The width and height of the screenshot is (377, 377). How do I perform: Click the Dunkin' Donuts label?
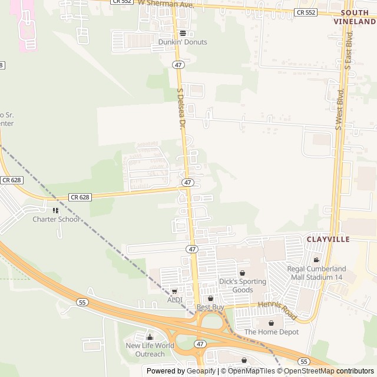pyautogui.click(x=183, y=42)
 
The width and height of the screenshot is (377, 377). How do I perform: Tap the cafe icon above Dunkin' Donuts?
pyautogui.click(x=183, y=34)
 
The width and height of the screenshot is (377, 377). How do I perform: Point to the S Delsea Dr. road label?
pyautogui.click(x=182, y=109)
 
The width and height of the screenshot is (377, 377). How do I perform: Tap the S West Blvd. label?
pyautogui.click(x=339, y=109)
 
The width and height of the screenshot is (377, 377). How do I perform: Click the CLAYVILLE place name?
pyautogui.click(x=328, y=239)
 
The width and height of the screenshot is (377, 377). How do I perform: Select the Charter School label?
pyautogui.click(x=56, y=219)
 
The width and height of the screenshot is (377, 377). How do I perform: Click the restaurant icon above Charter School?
pyautogui.click(x=56, y=210)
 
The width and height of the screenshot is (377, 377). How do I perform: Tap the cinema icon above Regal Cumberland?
pyautogui.click(x=316, y=260)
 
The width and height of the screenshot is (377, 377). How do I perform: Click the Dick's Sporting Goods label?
pyautogui.click(x=243, y=286)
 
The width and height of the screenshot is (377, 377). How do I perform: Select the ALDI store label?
pyautogui.click(x=175, y=300)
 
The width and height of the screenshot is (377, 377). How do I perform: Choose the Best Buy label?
pyautogui.click(x=210, y=307)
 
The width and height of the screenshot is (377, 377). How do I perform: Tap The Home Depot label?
pyautogui.click(x=272, y=332)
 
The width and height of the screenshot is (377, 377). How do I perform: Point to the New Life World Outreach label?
pyautogui.click(x=150, y=349)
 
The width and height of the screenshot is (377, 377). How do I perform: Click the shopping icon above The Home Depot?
pyautogui.click(x=272, y=323)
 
